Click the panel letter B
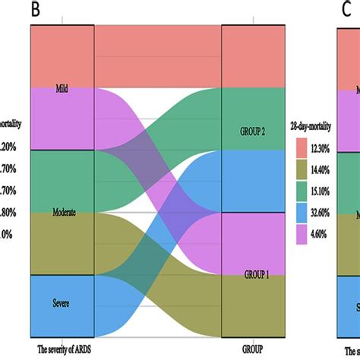(x=35, y=10)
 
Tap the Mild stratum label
(x=62, y=89)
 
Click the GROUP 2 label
(x=252, y=131)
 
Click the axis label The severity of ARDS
(x=67, y=349)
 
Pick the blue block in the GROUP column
(x=252, y=182)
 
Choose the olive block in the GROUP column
(x=252, y=308)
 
